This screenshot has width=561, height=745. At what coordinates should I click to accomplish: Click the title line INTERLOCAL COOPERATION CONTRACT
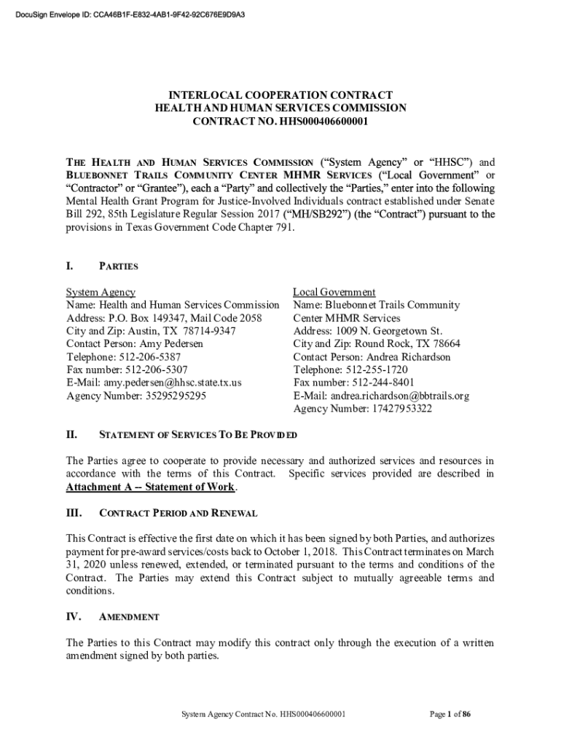click(280, 95)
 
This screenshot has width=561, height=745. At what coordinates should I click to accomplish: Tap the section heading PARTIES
click(118, 266)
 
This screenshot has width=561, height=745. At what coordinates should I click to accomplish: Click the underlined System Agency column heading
click(101, 292)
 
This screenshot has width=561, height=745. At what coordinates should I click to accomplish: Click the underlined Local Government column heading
click(334, 292)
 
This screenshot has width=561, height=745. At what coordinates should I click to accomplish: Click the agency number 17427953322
click(399, 409)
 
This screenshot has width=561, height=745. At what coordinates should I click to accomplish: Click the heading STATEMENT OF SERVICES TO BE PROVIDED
click(197, 436)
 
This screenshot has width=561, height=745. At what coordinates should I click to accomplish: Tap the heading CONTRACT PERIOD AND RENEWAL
click(178, 513)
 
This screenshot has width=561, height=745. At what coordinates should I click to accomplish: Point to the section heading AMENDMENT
click(129, 617)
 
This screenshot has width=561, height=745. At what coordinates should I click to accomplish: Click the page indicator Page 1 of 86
click(450, 714)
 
